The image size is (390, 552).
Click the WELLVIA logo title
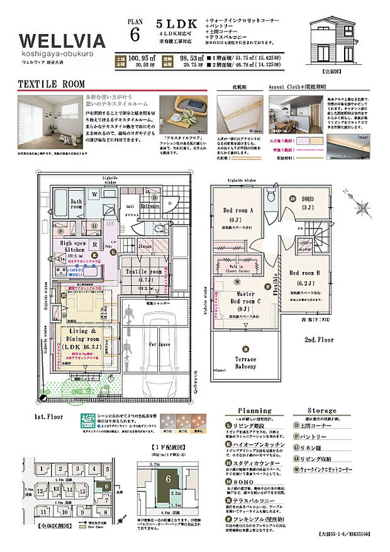coord(62,41)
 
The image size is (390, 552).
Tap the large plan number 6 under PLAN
coord(135,35)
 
